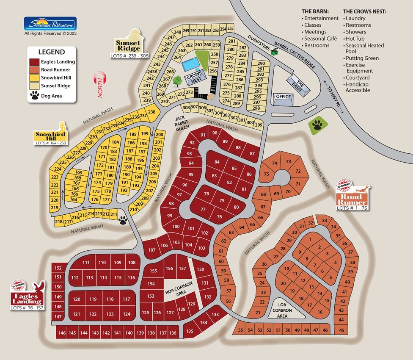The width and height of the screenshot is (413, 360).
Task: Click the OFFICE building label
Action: click(x=283, y=97)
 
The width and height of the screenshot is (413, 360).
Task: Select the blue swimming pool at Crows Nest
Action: click(x=190, y=65)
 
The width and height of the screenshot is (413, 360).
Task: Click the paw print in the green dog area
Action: click(x=317, y=125)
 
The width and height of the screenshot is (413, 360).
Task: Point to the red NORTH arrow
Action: click(x=100, y=84)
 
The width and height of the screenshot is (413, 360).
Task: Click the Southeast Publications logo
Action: click(x=50, y=24)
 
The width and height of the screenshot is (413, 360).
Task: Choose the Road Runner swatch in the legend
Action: click(x=34, y=69)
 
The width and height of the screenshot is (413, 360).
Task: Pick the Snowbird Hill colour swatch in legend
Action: click(x=34, y=78)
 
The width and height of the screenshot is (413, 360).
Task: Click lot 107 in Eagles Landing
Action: click(x=151, y=250)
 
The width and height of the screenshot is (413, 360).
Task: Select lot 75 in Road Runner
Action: click(x=266, y=174)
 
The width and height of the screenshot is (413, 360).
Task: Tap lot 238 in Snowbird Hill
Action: click(x=151, y=112)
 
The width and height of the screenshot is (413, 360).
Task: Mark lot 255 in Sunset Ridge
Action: click(x=230, y=28)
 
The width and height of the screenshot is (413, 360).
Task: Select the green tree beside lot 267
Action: click(x=177, y=79)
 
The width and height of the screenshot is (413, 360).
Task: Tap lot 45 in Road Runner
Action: click(x=342, y=330)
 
